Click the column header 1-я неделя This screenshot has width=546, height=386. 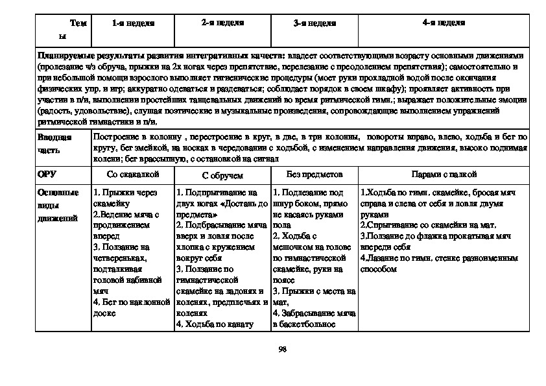[x=132, y=23]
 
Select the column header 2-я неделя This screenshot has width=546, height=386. [x=222, y=23]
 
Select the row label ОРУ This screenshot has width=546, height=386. [x=48, y=175]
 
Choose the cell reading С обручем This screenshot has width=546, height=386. [x=222, y=175]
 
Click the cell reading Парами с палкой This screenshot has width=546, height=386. [x=444, y=175]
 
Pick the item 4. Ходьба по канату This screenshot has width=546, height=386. [x=214, y=324]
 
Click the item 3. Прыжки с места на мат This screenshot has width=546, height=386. [x=314, y=296]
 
